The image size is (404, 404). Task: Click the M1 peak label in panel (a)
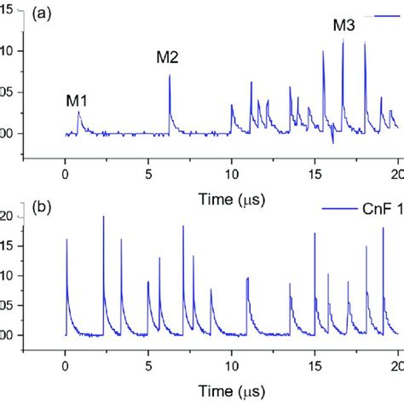[x=77, y=101]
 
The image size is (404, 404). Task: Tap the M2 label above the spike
[x=167, y=58]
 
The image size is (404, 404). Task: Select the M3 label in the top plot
[x=343, y=26]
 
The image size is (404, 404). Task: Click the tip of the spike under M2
[x=170, y=76]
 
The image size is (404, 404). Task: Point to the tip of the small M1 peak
[x=78, y=112]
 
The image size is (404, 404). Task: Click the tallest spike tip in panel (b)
[x=104, y=216]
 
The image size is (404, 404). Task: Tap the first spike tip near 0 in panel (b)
[x=66, y=240]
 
